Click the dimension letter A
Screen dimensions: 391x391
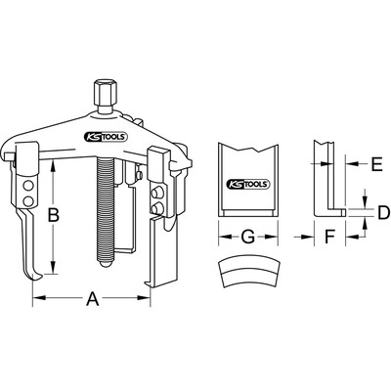coord(93,298)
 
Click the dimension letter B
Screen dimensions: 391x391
coord(54,215)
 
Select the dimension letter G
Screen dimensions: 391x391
coord(248,237)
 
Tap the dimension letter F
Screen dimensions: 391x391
coord(330,237)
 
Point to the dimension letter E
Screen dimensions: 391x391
coord(377,165)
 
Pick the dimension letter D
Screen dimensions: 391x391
coord(383,213)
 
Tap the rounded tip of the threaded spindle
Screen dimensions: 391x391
coord(106,263)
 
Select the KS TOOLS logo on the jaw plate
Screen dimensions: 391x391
coord(248,185)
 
